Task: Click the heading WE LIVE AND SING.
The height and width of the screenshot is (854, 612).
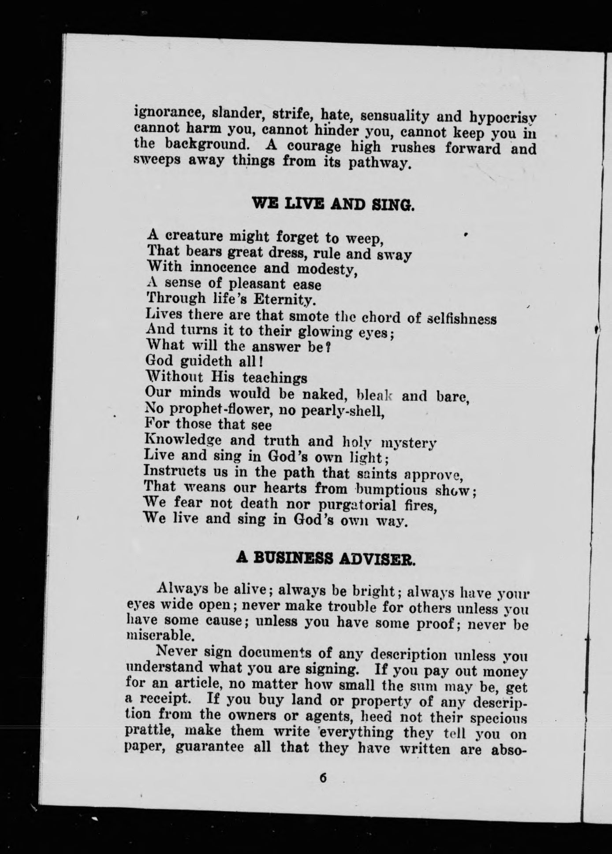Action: tap(332, 204)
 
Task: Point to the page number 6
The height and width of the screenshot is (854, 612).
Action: tap(323, 777)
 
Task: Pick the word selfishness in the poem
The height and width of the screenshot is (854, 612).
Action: tap(463, 318)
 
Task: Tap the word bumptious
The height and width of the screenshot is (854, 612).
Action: tap(392, 489)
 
